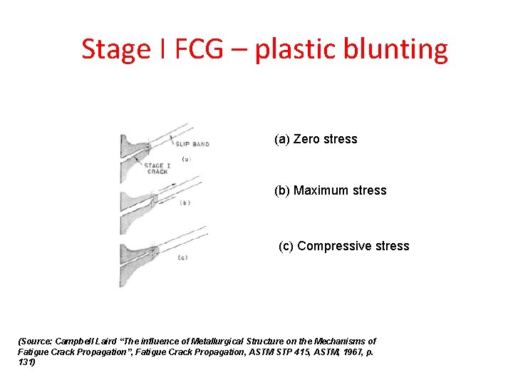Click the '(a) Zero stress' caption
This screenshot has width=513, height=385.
point(316,139)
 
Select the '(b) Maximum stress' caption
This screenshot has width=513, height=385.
point(331,190)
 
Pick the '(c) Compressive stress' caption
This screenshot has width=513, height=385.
point(344,246)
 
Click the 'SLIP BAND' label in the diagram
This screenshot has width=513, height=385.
point(192,144)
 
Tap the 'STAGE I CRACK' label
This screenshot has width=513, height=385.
point(157,169)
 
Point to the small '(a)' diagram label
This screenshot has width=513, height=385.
point(187,159)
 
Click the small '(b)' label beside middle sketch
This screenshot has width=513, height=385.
point(185,203)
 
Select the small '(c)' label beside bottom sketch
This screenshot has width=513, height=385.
point(182,257)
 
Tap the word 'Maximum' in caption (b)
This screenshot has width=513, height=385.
point(318,190)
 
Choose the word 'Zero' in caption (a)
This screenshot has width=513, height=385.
point(306,139)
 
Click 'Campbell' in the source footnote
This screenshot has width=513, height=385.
point(74,342)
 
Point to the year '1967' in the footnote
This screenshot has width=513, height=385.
point(344,351)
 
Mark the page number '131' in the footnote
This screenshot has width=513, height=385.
point(24,361)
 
